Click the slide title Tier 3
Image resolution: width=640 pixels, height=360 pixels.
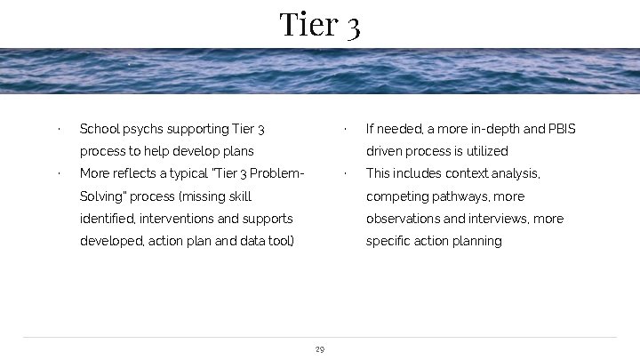click(x=319, y=24)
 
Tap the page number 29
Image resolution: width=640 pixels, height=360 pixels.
click(x=320, y=349)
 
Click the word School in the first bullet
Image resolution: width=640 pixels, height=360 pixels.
click(x=99, y=130)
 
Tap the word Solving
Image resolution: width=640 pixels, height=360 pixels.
click(x=101, y=196)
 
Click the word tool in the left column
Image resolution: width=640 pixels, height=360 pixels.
click(x=280, y=241)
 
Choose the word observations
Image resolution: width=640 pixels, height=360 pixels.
click(x=403, y=219)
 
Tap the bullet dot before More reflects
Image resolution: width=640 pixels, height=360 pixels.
click(x=58, y=174)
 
